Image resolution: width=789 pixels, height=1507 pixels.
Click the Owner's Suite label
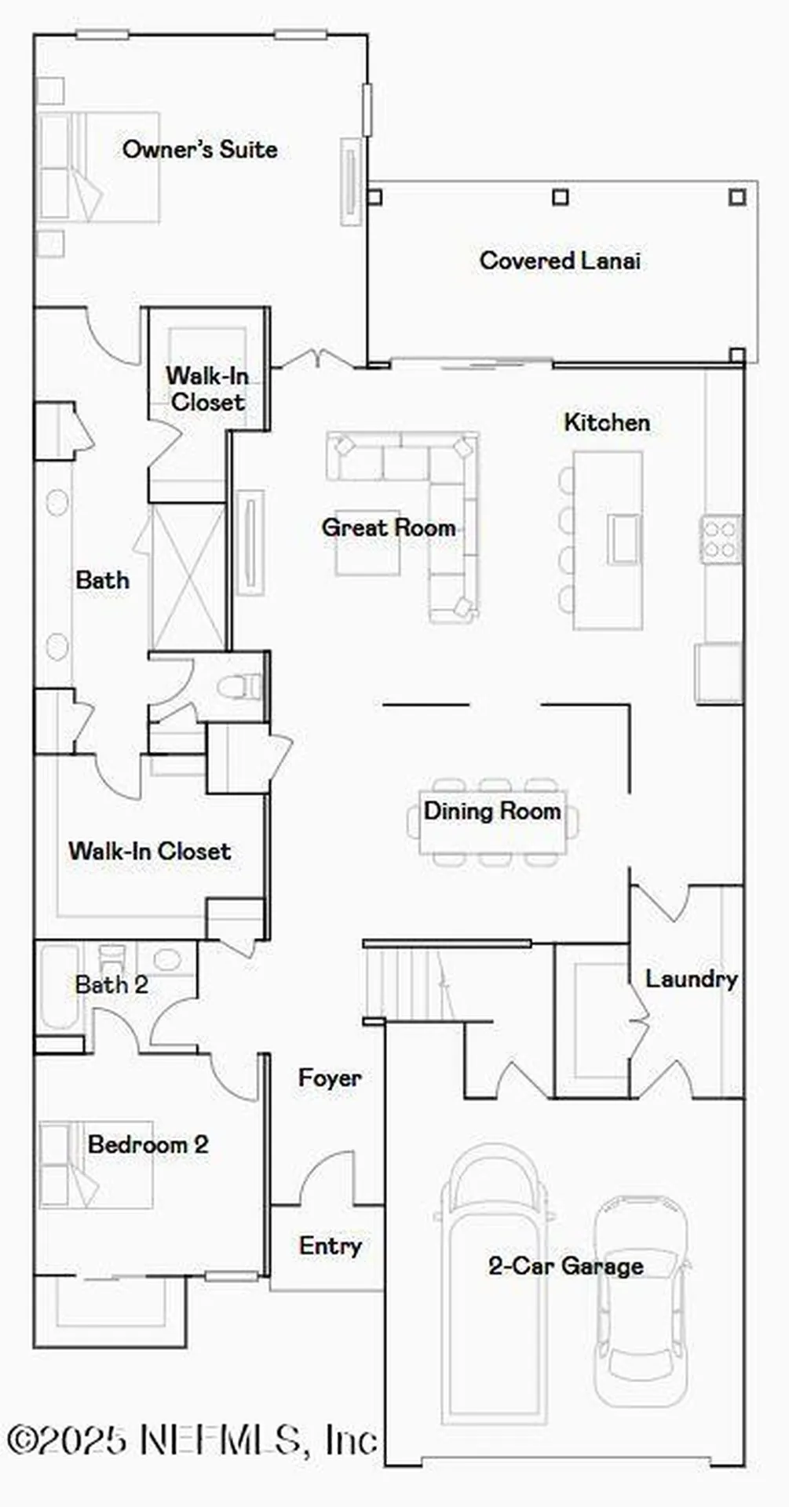[x=199, y=149]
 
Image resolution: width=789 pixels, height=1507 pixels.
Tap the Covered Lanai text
[x=560, y=261]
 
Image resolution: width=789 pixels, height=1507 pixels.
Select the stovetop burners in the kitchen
[x=720, y=539]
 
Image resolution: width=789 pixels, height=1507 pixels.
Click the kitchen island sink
[x=624, y=538]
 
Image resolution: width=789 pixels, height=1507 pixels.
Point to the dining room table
[x=492, y=822]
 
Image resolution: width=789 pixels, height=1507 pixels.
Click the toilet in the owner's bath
[x=240, y=687]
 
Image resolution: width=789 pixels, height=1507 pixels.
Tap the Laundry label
[x=691, y=979]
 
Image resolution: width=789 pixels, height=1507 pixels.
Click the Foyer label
[x=330, y=1078]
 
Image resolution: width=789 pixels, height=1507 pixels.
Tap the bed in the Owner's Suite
[x=98, y=166]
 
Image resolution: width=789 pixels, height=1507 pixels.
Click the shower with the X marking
[x=188, y=577]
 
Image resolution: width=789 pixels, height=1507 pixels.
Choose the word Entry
[x=330, y=1246]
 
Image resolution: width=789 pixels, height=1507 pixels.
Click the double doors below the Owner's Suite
[x=317, y=359]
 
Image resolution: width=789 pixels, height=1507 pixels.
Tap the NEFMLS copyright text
[x=192, y=1439]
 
